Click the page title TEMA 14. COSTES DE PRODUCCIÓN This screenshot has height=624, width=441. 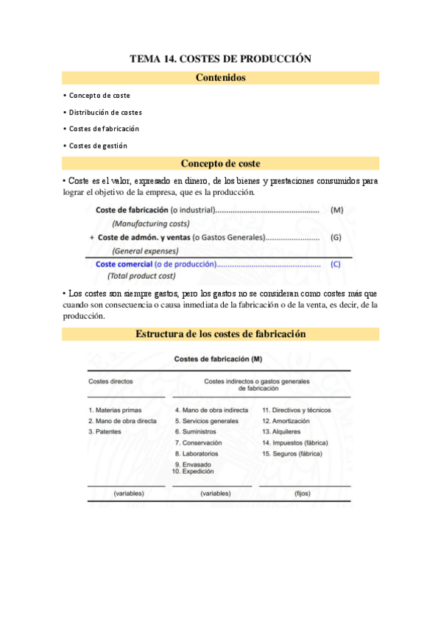[220, 59]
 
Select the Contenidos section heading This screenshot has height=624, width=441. [220, 77]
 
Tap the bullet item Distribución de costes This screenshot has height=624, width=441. [105, 112]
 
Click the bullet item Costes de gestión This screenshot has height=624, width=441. [97, 146]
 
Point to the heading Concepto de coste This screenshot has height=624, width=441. [220, 163]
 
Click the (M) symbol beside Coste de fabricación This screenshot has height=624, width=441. [337, 210]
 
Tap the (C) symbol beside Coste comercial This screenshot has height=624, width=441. [336, 263]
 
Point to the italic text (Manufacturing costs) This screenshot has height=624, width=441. [151, 223]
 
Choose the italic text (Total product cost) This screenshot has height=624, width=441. [141, 276]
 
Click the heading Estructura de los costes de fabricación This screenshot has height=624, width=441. [220, 334]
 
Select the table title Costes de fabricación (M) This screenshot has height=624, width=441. [218, 359]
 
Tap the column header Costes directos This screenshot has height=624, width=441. [110, 382]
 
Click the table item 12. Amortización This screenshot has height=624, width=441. [286, 421]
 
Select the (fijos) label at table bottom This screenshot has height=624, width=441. [303, 493]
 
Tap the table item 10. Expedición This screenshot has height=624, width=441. [193, 471]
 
